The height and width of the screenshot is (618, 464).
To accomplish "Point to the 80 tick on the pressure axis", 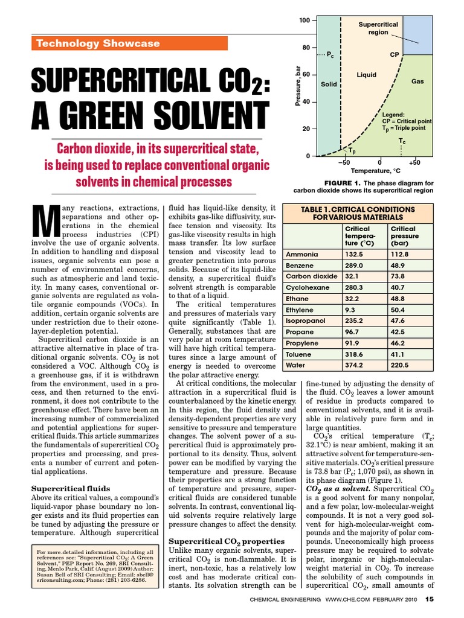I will point(306,48).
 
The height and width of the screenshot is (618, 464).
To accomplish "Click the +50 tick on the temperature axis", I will point(414,163).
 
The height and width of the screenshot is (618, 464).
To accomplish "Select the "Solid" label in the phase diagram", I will point(329,84).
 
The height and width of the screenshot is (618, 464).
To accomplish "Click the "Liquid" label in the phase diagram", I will point(366,75).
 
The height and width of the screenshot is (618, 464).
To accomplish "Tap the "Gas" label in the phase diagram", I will point(417,80).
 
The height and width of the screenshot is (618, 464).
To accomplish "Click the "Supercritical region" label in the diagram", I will point(378,28).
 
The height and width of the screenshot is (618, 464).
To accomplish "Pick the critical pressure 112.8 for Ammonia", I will point(401,255).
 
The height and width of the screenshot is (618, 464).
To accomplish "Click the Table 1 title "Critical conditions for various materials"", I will point(358,213).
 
